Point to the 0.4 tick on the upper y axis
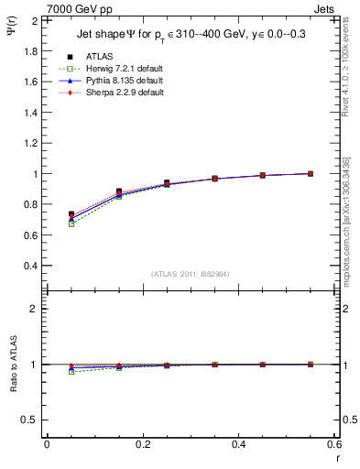point(32,266)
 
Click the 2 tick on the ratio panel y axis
point(36,309)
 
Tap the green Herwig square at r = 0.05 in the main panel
point(71,224)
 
